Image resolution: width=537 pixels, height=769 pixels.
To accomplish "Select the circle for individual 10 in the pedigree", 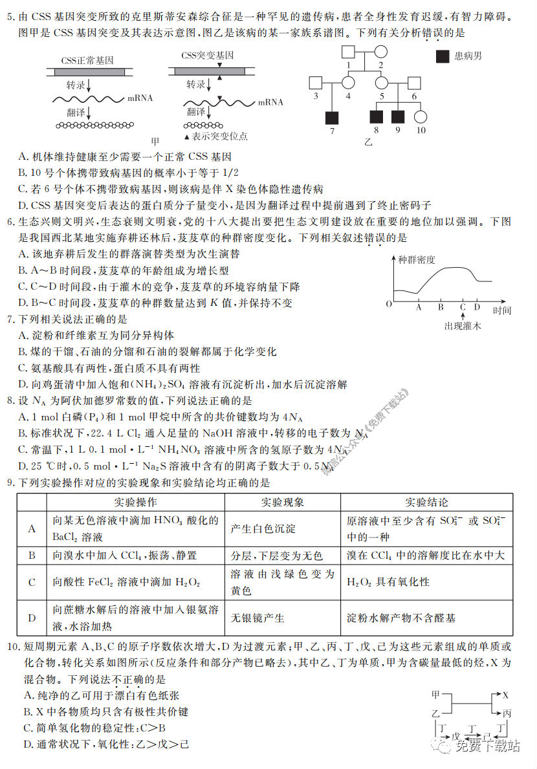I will point(421,117).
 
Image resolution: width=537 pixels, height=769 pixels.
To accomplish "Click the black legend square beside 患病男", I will point(443,56).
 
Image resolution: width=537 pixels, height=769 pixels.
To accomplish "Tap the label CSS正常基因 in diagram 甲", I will point(87,60).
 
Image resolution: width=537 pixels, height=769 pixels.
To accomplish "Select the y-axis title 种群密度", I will point(417,260).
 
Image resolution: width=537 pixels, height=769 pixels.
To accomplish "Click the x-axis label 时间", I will point(502,310).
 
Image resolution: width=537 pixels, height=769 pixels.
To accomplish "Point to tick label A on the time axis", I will point(419,308).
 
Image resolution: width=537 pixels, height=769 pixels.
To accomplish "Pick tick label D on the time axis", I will point(477,308).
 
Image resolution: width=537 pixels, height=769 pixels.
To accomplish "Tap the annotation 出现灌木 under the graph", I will point(463,327).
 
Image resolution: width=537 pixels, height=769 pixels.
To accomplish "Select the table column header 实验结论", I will point(427,502).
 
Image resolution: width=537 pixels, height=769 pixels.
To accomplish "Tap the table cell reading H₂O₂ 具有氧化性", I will point(388,582).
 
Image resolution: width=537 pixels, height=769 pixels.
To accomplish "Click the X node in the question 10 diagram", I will point(505,695).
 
